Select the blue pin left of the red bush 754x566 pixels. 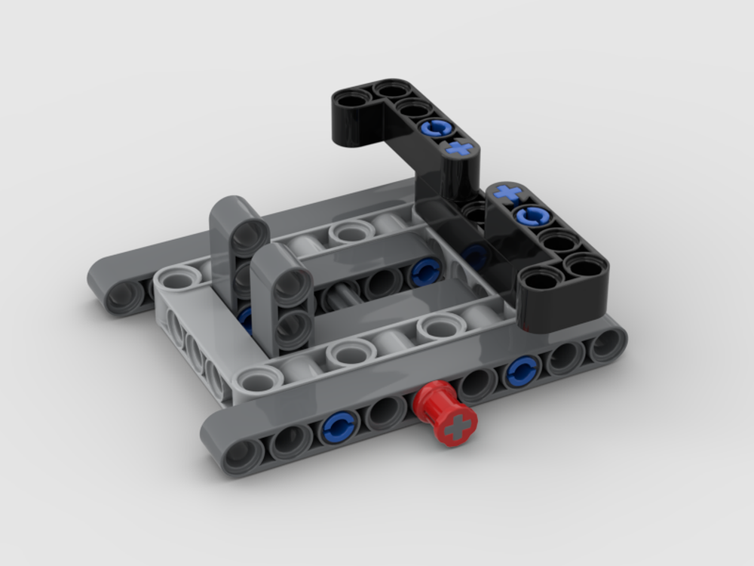click(338, 427)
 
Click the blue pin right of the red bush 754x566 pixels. click(521, 371)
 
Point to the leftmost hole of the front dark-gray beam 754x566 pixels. click(242, 455)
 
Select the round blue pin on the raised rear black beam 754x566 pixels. click(436, 128)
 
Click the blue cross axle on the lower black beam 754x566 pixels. click(508, 194)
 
